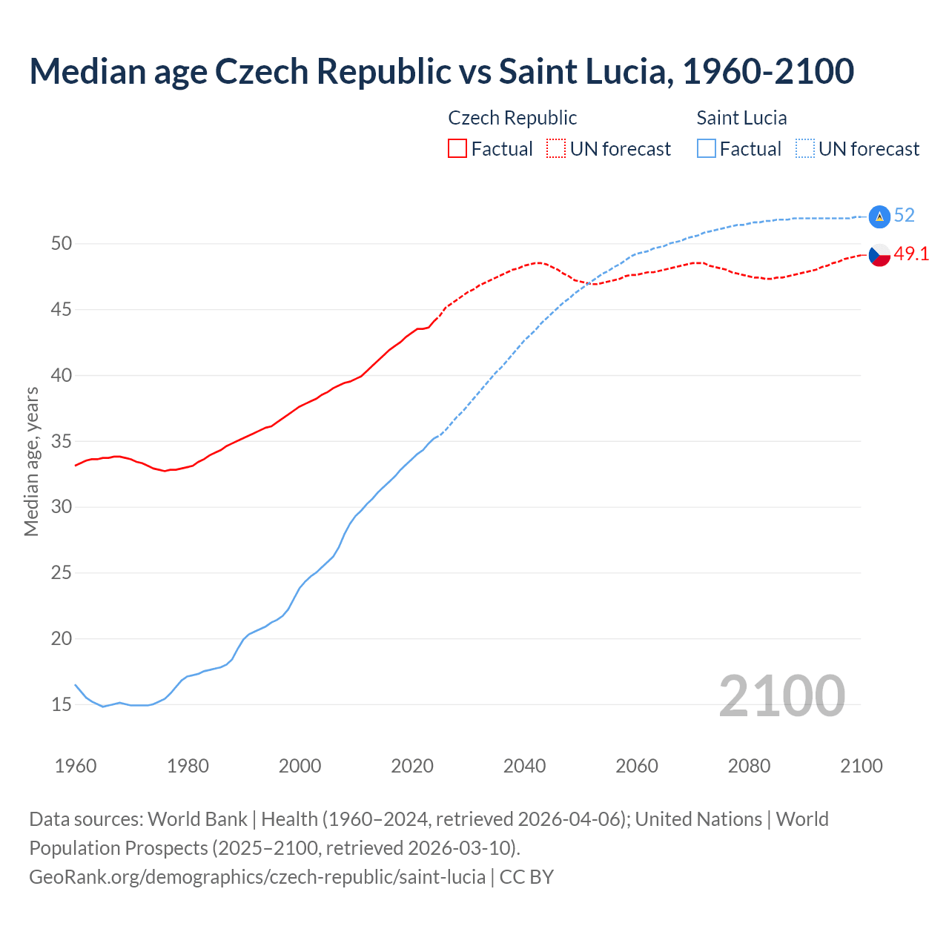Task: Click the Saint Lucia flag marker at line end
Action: pos(879,216)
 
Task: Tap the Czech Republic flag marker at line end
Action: pos(879,255)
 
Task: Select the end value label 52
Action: pos(905,216)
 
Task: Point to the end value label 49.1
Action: pos(911,254)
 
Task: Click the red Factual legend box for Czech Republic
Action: pos(457,149)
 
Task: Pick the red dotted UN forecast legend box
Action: pos(556,149)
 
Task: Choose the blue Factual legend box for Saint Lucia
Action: pos(707,149)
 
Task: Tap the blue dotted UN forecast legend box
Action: pos(805,149)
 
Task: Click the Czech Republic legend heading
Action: pos(512,118)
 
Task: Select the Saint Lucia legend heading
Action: pos(741,118)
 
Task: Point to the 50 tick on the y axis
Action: pos(62,244)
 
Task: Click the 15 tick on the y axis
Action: pos(62,704)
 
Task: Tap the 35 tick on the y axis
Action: pos(62,441)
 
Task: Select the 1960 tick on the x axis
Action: pos(76,766)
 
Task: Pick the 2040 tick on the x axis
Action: pos(524,766)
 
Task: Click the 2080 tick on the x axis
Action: pos(749,766)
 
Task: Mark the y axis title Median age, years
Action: pos(31,461)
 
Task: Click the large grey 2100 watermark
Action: pos(781,696)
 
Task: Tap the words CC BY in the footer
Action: pos(526,877)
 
